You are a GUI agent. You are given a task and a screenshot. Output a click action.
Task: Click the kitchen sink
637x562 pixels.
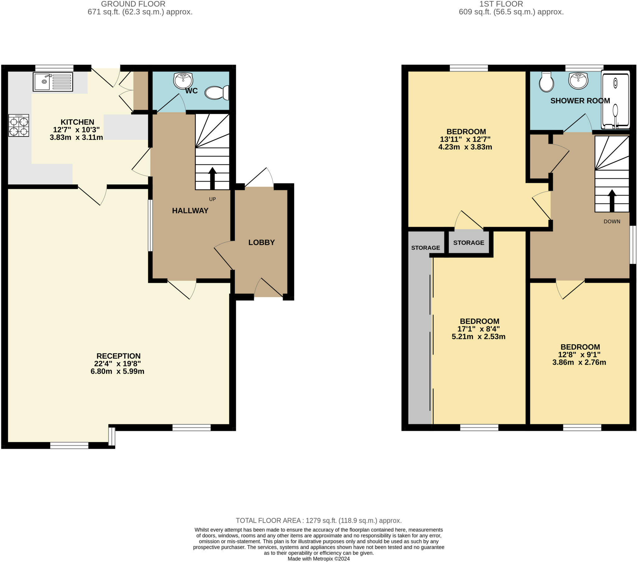click(53, 82)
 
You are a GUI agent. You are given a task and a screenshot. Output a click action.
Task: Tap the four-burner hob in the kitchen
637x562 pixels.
click(19, 125)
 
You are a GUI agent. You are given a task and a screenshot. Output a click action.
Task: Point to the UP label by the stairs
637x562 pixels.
click(212, 199)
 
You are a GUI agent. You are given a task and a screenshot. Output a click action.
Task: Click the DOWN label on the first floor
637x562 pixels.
click(612, 222)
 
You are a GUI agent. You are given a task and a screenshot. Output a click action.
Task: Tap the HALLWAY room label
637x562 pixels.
click(190, 211)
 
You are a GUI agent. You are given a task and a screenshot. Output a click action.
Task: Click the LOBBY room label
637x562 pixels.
click(262, 243)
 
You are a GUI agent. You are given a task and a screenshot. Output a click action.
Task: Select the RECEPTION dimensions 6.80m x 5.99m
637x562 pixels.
click(118, 371)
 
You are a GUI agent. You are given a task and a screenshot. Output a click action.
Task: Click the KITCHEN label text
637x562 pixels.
click(77, 122)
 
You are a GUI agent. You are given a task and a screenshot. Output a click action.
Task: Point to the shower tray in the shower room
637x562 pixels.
click(615, 100)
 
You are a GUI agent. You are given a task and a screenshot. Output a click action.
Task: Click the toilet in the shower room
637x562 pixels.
click(546, 82)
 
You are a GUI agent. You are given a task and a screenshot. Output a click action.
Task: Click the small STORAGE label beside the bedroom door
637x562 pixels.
click(468, 243)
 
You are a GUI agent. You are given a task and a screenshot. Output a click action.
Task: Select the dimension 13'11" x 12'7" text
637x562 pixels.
click(465, 139)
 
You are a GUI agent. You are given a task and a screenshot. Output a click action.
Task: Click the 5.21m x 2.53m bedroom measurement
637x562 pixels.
click(478, 337)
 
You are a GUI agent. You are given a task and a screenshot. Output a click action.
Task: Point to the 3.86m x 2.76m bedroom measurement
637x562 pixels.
click(579, 362)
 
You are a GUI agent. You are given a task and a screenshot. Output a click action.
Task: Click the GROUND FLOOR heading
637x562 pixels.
click(133, 4)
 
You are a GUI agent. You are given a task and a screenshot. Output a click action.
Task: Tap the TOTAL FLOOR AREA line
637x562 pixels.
click(318, 521)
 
